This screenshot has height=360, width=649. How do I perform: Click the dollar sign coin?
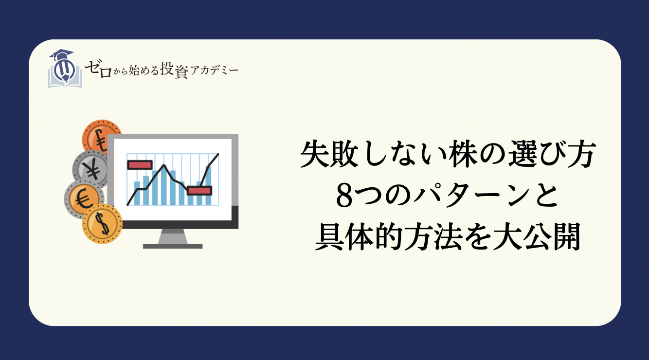[102, 223]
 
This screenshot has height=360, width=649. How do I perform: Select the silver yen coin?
[90, 169]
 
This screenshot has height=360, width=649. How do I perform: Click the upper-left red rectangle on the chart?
[140, 164]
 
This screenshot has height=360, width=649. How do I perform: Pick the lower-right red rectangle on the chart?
[199, 190]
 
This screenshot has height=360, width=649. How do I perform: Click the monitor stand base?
[173, 246]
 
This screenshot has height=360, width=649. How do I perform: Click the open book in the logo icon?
[65, 78]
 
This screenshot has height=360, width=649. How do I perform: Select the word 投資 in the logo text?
[174, 71]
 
